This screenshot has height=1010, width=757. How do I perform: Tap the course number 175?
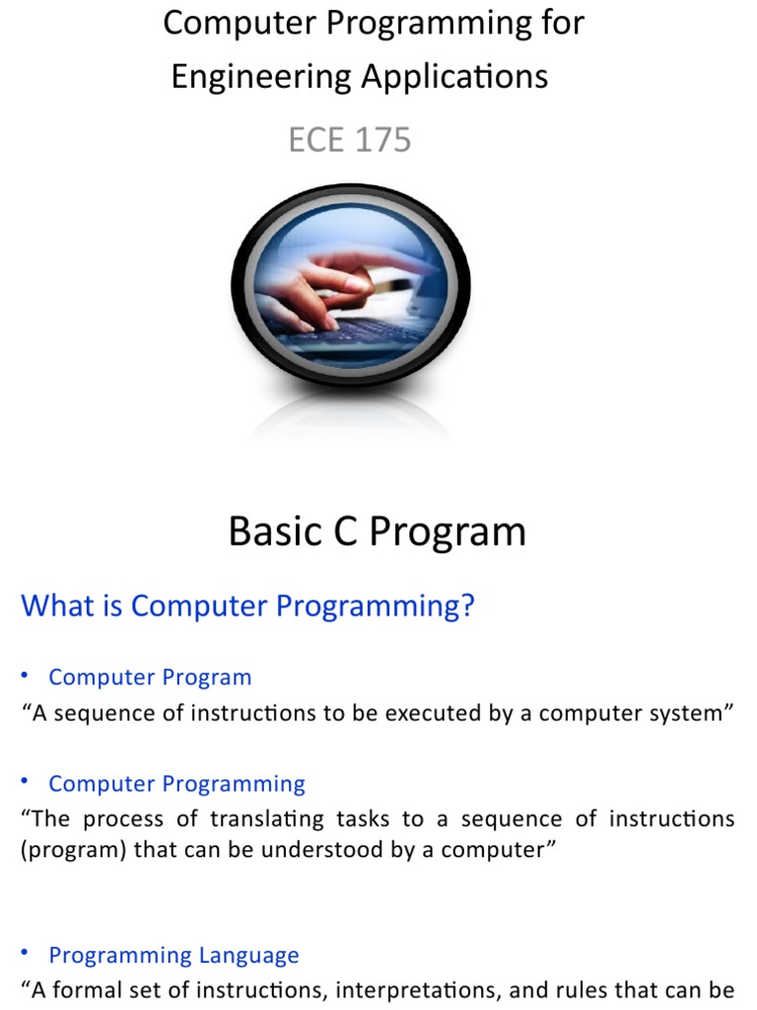(x=378, y=140)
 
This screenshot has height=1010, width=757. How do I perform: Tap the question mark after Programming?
(x=466, y=605)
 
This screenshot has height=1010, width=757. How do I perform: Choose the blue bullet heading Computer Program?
(x=150, y=678)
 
